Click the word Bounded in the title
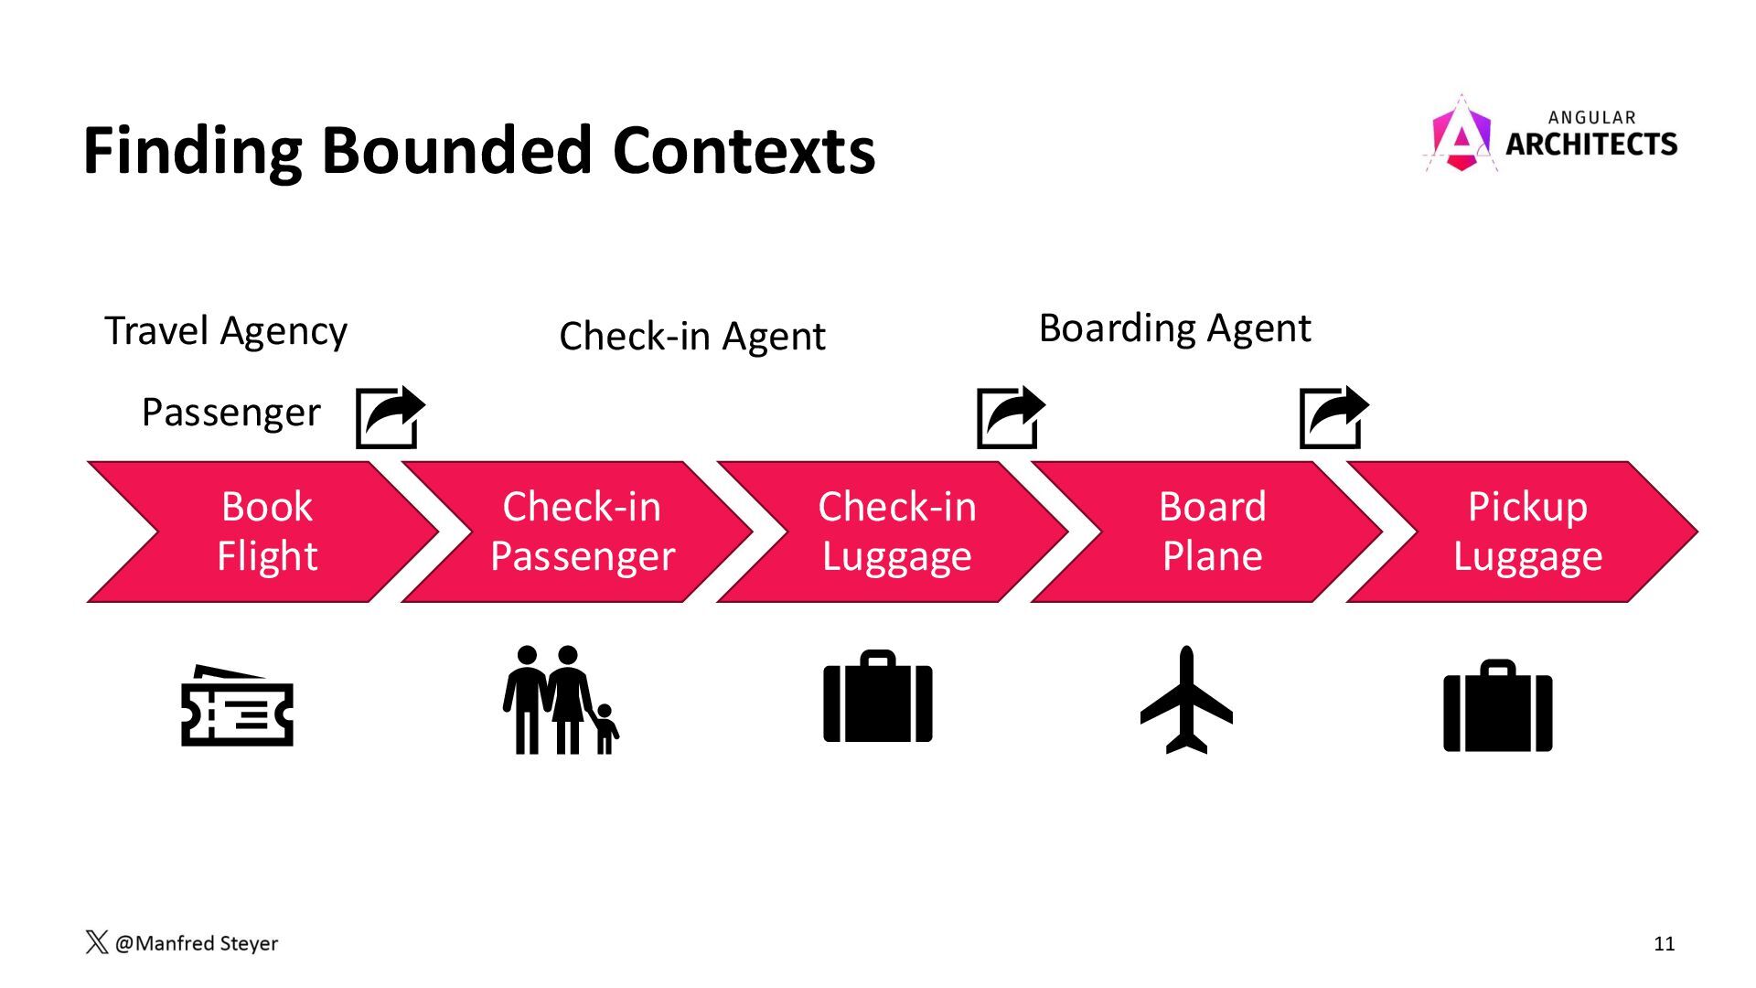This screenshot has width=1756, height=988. [455, 151]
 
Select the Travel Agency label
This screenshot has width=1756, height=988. [226, 331]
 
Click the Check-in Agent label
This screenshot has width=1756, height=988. [691, 337]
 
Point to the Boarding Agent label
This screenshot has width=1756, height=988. [1174, 328]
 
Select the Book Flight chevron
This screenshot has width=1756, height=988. [266, 532]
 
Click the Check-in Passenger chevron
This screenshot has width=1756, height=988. [582, 532]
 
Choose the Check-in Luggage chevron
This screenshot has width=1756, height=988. [896, 532]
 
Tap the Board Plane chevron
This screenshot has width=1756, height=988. [1212, 532]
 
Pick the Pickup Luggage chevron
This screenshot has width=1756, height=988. [1527, 532]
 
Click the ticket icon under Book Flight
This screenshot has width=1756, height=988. [237, 707]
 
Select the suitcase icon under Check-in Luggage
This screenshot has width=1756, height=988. [878, 697]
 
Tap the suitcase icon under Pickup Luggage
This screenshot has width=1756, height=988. [1497, 706]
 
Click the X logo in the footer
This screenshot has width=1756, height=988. [96, 942]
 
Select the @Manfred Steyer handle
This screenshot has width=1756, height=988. [197, 943]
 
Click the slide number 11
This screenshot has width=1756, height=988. [1664, 944]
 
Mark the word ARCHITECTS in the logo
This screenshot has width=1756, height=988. [1591, 145]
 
